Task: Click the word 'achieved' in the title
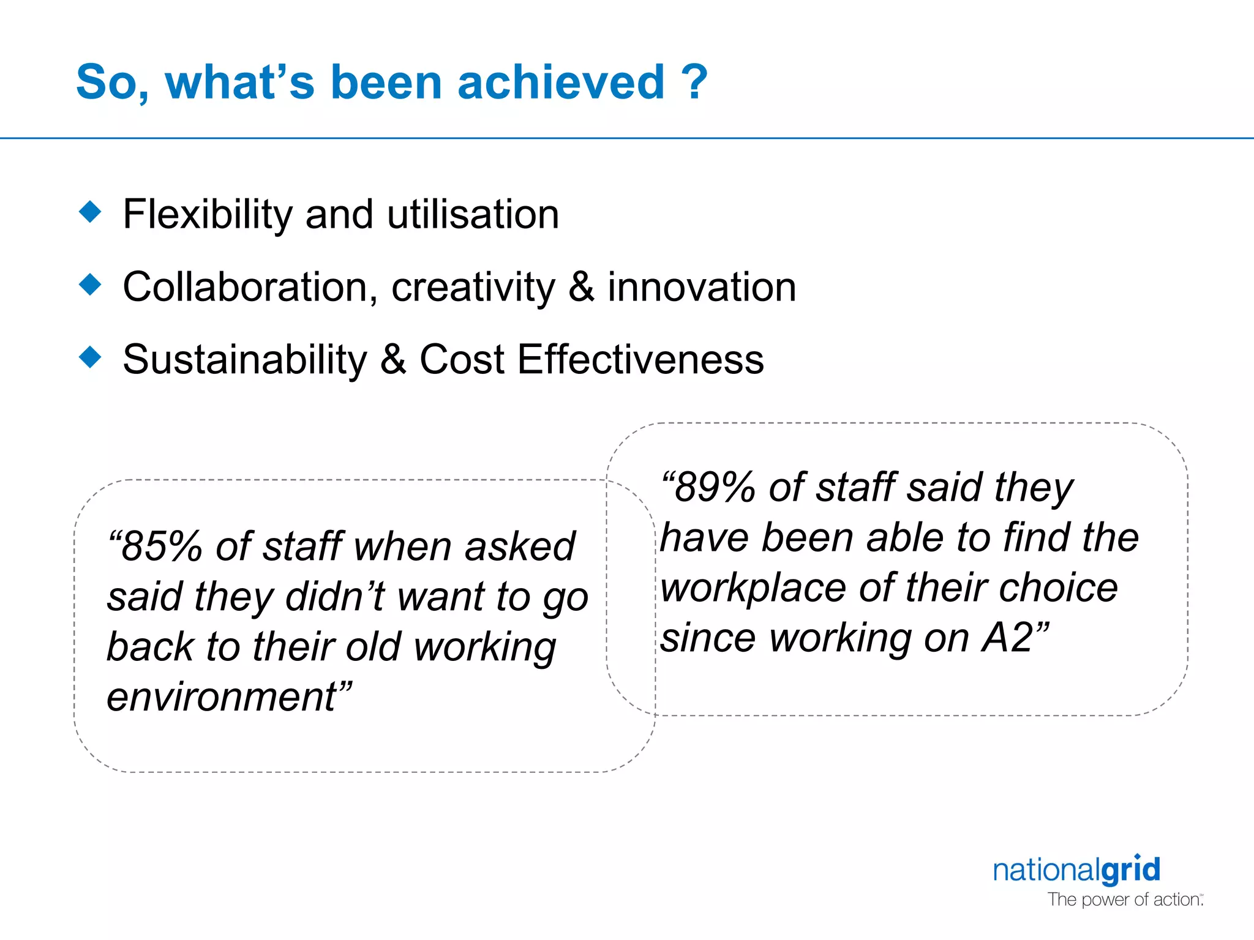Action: [560, 82]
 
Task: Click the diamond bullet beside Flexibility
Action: [91, 212]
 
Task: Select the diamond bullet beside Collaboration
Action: [91, 285]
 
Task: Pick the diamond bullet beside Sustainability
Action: [91, 357]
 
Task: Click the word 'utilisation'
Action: [473, 215]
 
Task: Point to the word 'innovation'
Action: [702, 287]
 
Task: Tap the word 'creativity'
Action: [473, 288]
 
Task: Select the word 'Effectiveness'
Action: [640, 359]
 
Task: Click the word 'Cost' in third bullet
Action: [462, 359]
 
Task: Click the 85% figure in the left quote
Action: [160, 546]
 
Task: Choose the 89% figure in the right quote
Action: [714, 488]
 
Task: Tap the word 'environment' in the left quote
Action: [222, 697]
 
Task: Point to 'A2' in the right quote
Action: [1008, 638]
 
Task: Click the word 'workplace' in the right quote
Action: [753, 589]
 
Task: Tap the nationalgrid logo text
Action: [1076, 870]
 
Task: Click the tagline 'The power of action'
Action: [1124, 900]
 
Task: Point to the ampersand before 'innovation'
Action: [581, 287]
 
